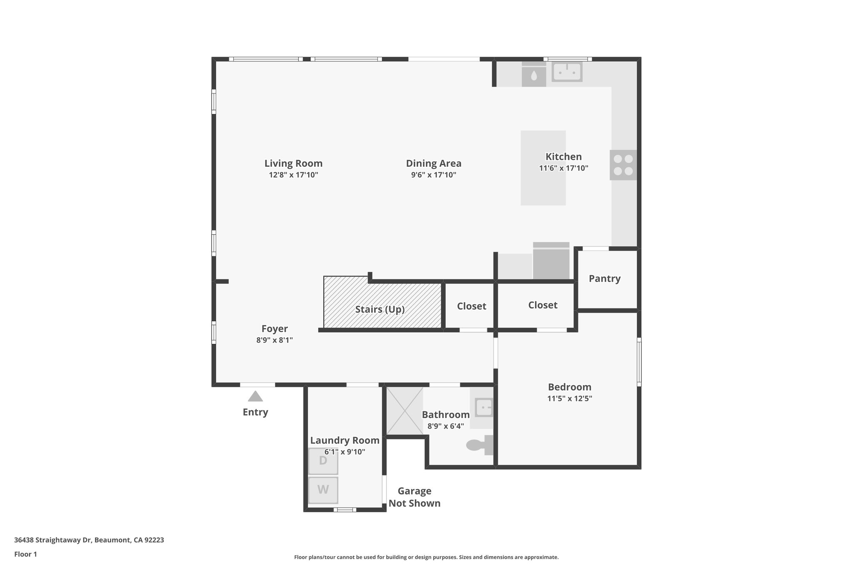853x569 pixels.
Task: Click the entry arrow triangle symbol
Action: click(255, 396)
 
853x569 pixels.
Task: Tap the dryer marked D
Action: click(323, 461)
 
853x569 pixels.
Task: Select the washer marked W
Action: click(323, 490)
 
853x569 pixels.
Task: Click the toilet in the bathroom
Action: click(479, 445)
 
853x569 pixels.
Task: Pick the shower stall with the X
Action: click(404, 411)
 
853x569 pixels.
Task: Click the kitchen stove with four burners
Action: click(623, 165)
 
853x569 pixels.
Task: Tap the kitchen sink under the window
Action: click(567, 72)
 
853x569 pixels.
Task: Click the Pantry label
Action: click(604, 278)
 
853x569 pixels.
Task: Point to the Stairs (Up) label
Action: click(380, 309)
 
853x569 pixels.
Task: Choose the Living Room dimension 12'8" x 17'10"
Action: click(293, 175)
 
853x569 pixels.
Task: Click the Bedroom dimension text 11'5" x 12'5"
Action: click(569, 399)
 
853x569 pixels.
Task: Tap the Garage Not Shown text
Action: click(414, 497)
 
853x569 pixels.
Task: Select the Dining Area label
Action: click(434, 163)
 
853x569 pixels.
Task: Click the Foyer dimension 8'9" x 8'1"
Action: click(274, 340)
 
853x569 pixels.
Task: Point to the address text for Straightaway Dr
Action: click(89, 540)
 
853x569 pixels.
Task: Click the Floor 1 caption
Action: click(25, 554)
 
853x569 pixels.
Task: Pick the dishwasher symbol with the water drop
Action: click(534, 75)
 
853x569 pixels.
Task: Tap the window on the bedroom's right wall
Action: click(639, 361)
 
